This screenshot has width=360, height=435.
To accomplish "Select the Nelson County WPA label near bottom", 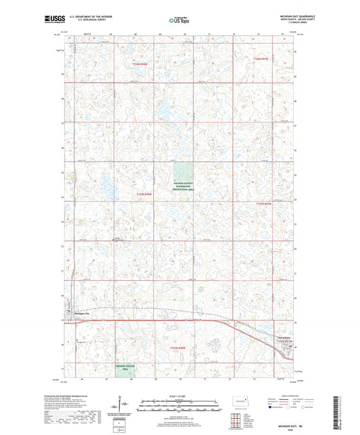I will click(124, 367).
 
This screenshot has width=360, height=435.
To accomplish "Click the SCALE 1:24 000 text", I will click(179, 396).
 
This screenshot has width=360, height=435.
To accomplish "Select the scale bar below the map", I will click(179, 408).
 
